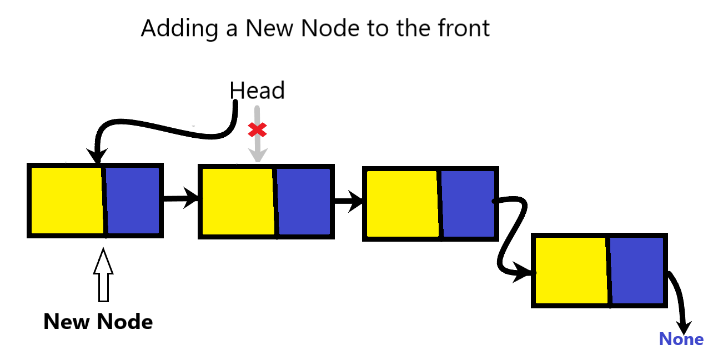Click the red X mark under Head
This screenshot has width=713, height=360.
(257, 130)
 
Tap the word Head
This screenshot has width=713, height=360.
(257, 91)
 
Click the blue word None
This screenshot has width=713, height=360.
(681, 339)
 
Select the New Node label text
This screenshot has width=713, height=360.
(98, 321)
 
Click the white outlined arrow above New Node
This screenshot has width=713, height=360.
(103, 276)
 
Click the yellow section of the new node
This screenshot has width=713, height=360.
(67, 200)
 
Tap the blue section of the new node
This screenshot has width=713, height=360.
(132, 200)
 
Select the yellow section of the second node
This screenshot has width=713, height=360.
(238, 201)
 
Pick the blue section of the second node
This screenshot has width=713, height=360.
(303, 201)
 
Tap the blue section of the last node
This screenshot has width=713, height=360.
(637, 270)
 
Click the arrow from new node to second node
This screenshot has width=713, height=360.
(180, 197)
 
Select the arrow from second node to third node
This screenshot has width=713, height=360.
(348, 201)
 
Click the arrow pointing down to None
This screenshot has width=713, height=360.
(681, 303)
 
